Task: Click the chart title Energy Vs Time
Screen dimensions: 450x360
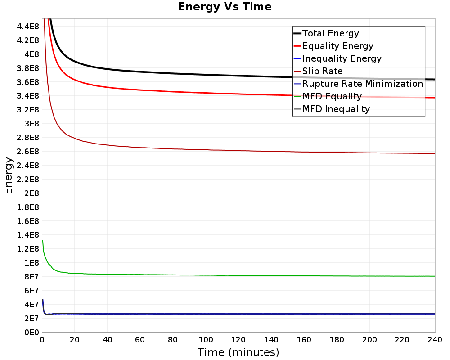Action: (225, 7)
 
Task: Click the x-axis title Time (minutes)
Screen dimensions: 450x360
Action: (238, 352)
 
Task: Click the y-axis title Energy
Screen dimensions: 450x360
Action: (8, 175)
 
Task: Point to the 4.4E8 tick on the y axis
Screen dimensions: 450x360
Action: (28, 27)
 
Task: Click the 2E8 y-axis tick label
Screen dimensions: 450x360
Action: (31, 193)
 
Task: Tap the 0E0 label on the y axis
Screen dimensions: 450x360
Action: (31, 333)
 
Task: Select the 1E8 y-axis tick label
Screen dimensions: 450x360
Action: (31, 263)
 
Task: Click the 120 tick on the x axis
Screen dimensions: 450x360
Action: (238, 340)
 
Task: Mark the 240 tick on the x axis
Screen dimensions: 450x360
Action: (435, 340)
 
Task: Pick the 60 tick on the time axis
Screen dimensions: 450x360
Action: (140, 340)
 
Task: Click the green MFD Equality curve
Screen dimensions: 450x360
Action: (238, 275)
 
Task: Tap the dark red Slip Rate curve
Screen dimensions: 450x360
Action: (238, 151)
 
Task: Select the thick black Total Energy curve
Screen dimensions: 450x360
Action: (238, 76)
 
